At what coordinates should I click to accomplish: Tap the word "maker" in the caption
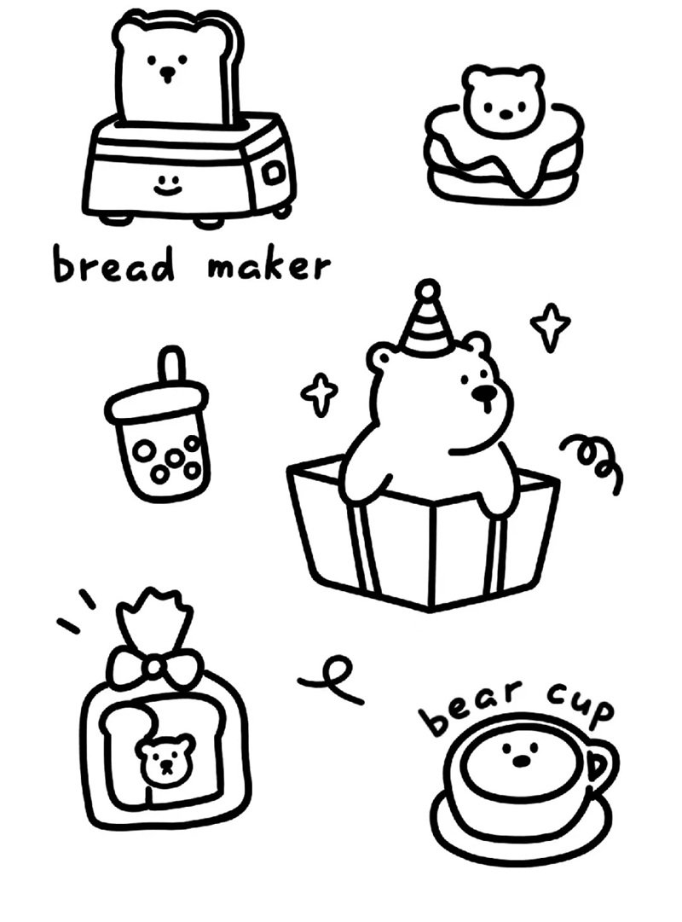[x=268, y=266]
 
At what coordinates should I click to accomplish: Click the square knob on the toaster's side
[x=272, y=173]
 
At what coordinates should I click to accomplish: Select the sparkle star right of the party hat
[x=550, y=327]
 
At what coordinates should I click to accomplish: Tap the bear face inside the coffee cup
[x=519, y=754]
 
